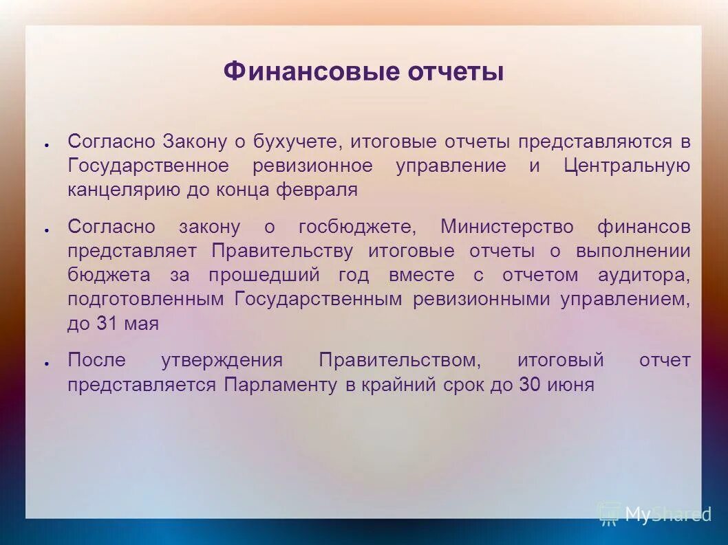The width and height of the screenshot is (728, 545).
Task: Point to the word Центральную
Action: pyautogui.click(x=627, y=166)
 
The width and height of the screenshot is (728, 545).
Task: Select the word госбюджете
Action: pyautogui.click(x=357, y=227)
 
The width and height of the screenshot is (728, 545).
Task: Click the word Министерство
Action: pyautogui.click(x=506, y=227)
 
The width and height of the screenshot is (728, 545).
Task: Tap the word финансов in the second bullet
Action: pyautogui.click(x=644, y=227)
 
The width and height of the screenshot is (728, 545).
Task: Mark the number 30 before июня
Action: pyautogui.click(x=529, y=385)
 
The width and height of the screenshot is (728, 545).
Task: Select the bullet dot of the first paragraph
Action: pyautogui.click(x=45, y=144)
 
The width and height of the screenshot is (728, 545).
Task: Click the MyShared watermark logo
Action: pyautogui.click(x=654, y=514)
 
